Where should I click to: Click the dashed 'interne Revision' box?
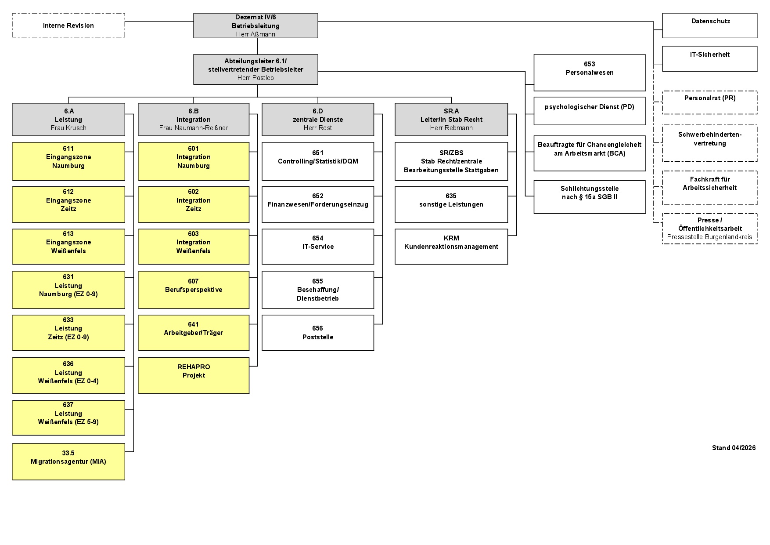pyautogui.click(x=68, y=25)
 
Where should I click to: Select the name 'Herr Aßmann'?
pyautogui.click(x=255, y=34)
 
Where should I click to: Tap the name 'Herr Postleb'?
pyautogui.click(x=255, y=78)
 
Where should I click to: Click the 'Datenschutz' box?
pyautogui.click(x=710, y=25)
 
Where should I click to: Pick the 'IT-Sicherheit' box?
pyautogui.click(x=710, y=59)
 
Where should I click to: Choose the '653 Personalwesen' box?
pyautogui.click(x=590, y=73)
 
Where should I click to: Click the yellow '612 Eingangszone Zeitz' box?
pyautogui.click(x=68, y=204)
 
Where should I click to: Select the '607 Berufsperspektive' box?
pyautogui.click(x=194, y=290)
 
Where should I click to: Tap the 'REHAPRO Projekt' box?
pyautogui.click(x=194, y=375)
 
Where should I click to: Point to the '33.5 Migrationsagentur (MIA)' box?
pyautogui.click(x=68, y=461)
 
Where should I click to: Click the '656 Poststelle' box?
pyautogui.click(x=318, y=333)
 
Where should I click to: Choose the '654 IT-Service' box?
pyautogui.click(x=318, y=247)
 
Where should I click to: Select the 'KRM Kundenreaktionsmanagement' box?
pyautogui.click(x=451, y=247)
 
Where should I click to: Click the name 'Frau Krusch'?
pyautogui.click(x=68, y=128)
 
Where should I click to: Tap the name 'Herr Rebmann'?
pyautogui.click(x=451, y=128)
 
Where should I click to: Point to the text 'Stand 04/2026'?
pyautogui.click(x=734, y=448)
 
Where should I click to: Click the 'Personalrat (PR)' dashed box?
pyautogui.click(x=710, y=102)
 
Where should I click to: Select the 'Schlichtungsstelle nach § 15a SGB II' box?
pyautogui.click(x=590, y=197)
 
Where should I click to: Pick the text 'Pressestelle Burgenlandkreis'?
pyautogui.click(x=709, y=237)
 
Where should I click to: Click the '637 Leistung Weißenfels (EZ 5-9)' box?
pyautogui.click(x=68, y=418)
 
